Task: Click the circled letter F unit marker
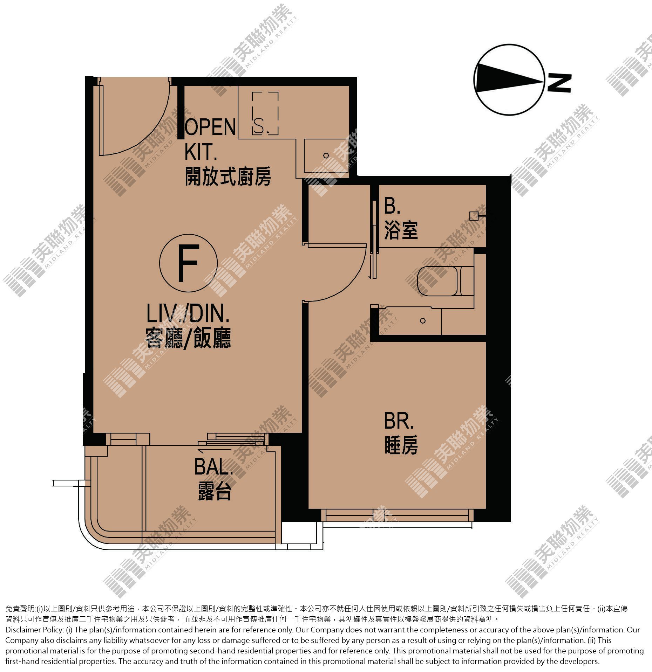189,263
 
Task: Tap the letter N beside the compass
559,83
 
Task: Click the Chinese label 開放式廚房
228,176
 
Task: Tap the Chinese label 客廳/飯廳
188,338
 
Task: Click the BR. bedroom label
399,421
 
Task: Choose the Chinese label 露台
215,491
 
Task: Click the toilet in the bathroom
445,281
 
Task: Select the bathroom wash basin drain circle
423,320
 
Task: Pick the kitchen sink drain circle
326,155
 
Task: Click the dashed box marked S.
265,114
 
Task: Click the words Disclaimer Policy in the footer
34,630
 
